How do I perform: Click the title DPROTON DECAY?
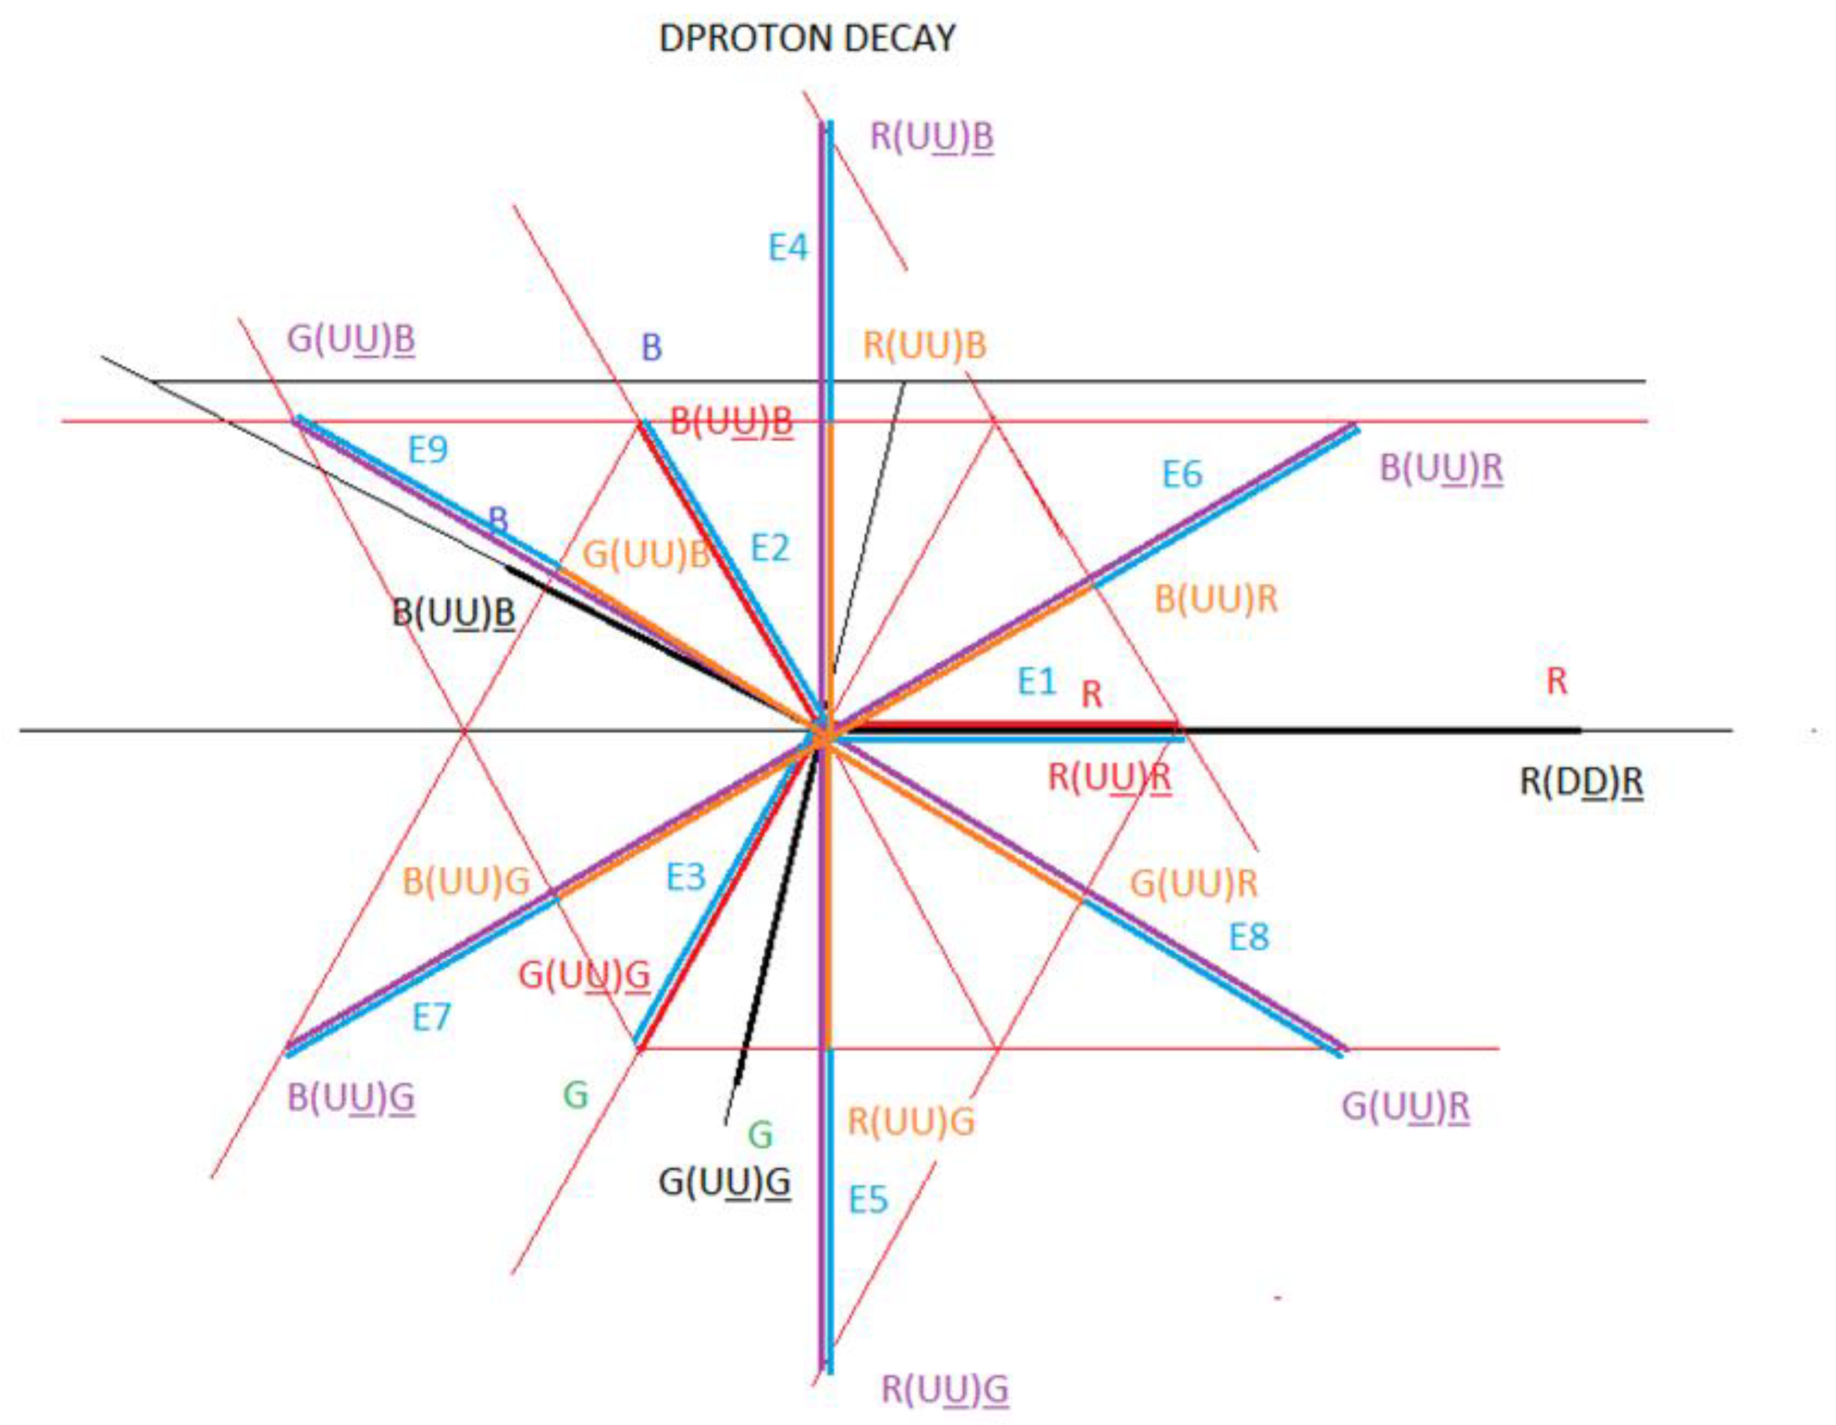(x=807, y=39)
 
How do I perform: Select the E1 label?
(x=1037, y=681)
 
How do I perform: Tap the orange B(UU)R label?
(x=1216, y=599)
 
